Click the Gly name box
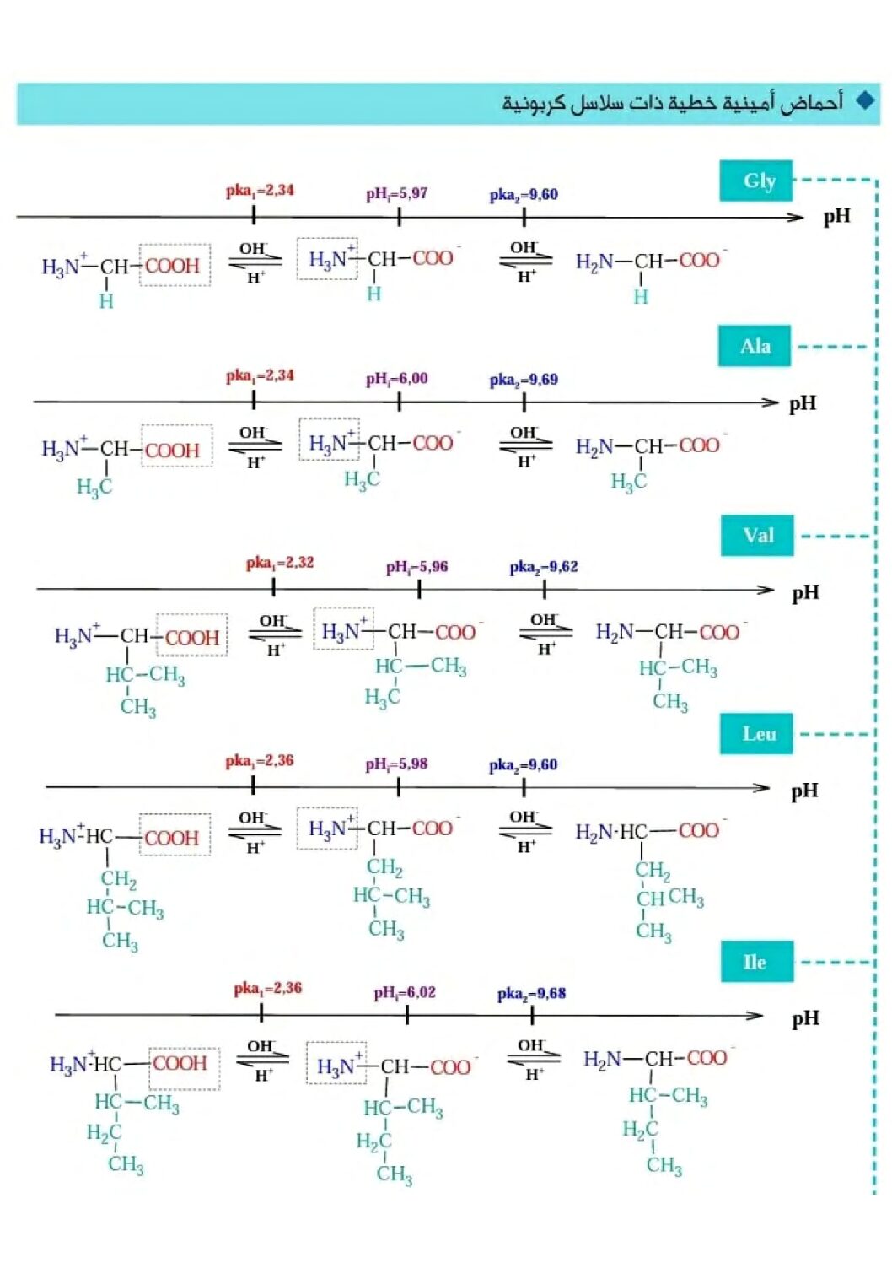pyautogui.click(x=755, y=181)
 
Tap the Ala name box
pyautogui.click(x=755, y=346)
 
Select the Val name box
pyautogui.click(x=757, y=535)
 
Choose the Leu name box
pyautogui.click(x=756, y=733)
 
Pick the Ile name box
pyautogui.click(x=757, y=961)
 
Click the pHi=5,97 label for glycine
pyautogui.click(x=397, y=194)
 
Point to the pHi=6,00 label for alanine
pyautogui.click(x=397, y=379)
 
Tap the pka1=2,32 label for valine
pyautogui.click(x=280, y=563)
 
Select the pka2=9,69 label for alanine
pyautogui.click(x=524, y=380)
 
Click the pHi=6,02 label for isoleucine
pyautogui.click(x=405, y=992)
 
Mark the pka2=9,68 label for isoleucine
pyautogui.click(x=531, y=994)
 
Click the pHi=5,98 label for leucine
pyautogui.click(x=397, y=764)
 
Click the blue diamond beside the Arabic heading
pyautogui.click(x=865, y=101)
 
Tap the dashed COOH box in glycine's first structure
pyautogui.click(x=175, y=265)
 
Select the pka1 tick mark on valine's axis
pyautogui.click(x=273, y=587)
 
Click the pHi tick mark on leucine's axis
pyautogui.click(x=399, y=786)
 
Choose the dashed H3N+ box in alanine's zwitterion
pyautogui.click(x=329, y=440)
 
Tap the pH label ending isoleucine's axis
pyautogui.click(x=805, y=1019)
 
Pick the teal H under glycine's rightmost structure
pyautogui.click(x=641, y=297)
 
